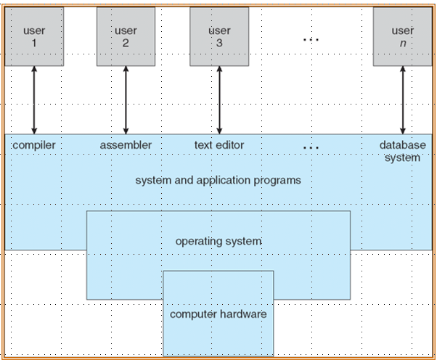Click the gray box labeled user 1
[34, 36]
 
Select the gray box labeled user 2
[126, 36]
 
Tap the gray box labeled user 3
[218, 36]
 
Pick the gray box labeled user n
[403, 36]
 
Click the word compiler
[34, 145]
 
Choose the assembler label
[126, 145]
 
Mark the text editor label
[219, 145]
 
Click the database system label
[402, 151]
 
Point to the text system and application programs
[218, 180]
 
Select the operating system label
[218, 240]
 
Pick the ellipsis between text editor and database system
[311, 147]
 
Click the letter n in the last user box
[403, 43]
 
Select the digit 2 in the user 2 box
[126, 43]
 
